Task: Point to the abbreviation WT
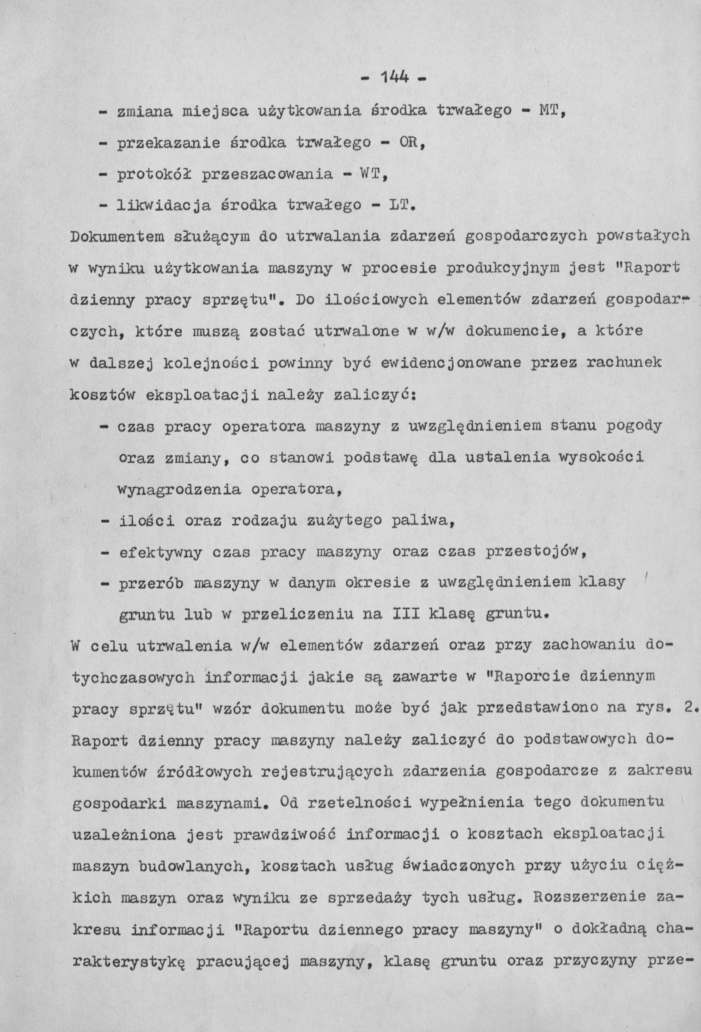click(x=372, y=174)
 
